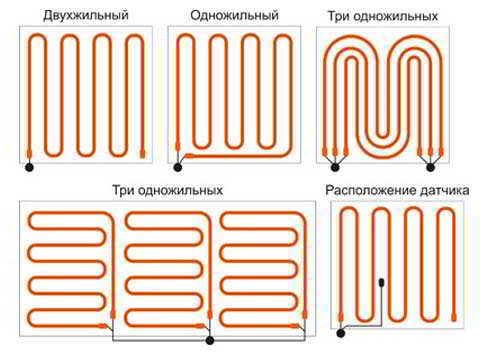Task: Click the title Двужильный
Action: pos(86,15)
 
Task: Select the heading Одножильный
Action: pos(234,15)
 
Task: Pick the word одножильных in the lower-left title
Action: pos(180,190)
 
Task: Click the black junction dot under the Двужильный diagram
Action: pos(29,167)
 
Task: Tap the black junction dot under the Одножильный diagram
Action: pos(178,167)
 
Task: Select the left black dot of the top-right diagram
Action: pos(335,167)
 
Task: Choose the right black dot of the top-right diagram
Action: pos(430,167)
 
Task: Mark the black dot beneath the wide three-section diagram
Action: pos(210,340)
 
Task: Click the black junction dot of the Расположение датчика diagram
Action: pos(340,333)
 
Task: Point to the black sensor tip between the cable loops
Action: pos(382,283)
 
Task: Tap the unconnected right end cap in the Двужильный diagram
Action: pos(142,154)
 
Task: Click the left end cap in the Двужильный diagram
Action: pos(29,154)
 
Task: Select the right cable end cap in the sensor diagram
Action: pos(454,316)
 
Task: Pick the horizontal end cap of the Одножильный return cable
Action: pos(189,155)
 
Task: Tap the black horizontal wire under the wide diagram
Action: pos(209,340)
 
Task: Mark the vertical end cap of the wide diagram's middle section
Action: pos(210,315)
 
